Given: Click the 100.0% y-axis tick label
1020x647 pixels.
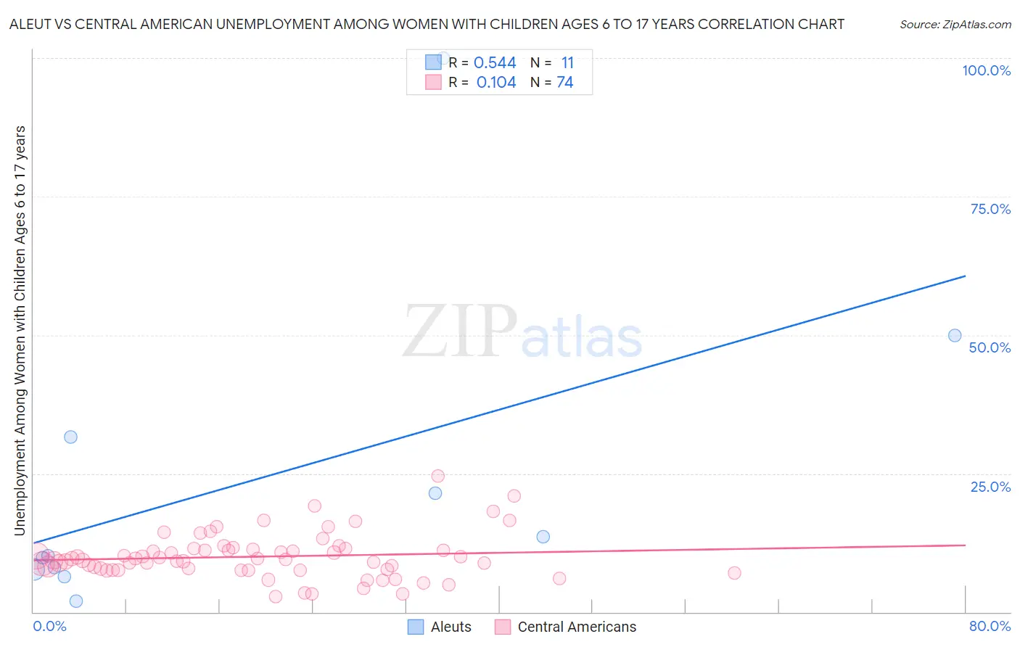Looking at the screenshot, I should click(986, 70).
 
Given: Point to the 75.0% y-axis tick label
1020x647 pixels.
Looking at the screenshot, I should click(990, 209).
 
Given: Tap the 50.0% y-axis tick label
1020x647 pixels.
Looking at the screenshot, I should click(990, 347).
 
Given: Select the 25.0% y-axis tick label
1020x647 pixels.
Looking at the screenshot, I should click(990, 487).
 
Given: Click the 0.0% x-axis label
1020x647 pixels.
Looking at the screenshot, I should click(49, 626).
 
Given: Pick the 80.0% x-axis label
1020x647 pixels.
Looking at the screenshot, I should click(990, 626).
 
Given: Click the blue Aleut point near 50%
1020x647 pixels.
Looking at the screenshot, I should click(955, 335).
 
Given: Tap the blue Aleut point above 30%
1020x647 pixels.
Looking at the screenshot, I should click(70, 437).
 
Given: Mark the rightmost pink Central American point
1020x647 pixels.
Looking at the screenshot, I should click(734, 573).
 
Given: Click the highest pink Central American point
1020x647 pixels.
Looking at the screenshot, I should click(437, 476).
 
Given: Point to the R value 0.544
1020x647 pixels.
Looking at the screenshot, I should click(495, 63).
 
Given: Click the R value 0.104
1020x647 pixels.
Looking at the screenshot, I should click(496, 83).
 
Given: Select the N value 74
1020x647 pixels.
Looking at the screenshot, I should click(565, 83).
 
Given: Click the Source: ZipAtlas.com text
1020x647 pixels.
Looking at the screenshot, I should click(955, 25).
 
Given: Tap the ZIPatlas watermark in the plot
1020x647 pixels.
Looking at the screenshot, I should click(522, 332).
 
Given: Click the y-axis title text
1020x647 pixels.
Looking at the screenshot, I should click(20, 330).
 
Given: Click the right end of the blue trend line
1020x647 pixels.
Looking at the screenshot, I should click(965, 276).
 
